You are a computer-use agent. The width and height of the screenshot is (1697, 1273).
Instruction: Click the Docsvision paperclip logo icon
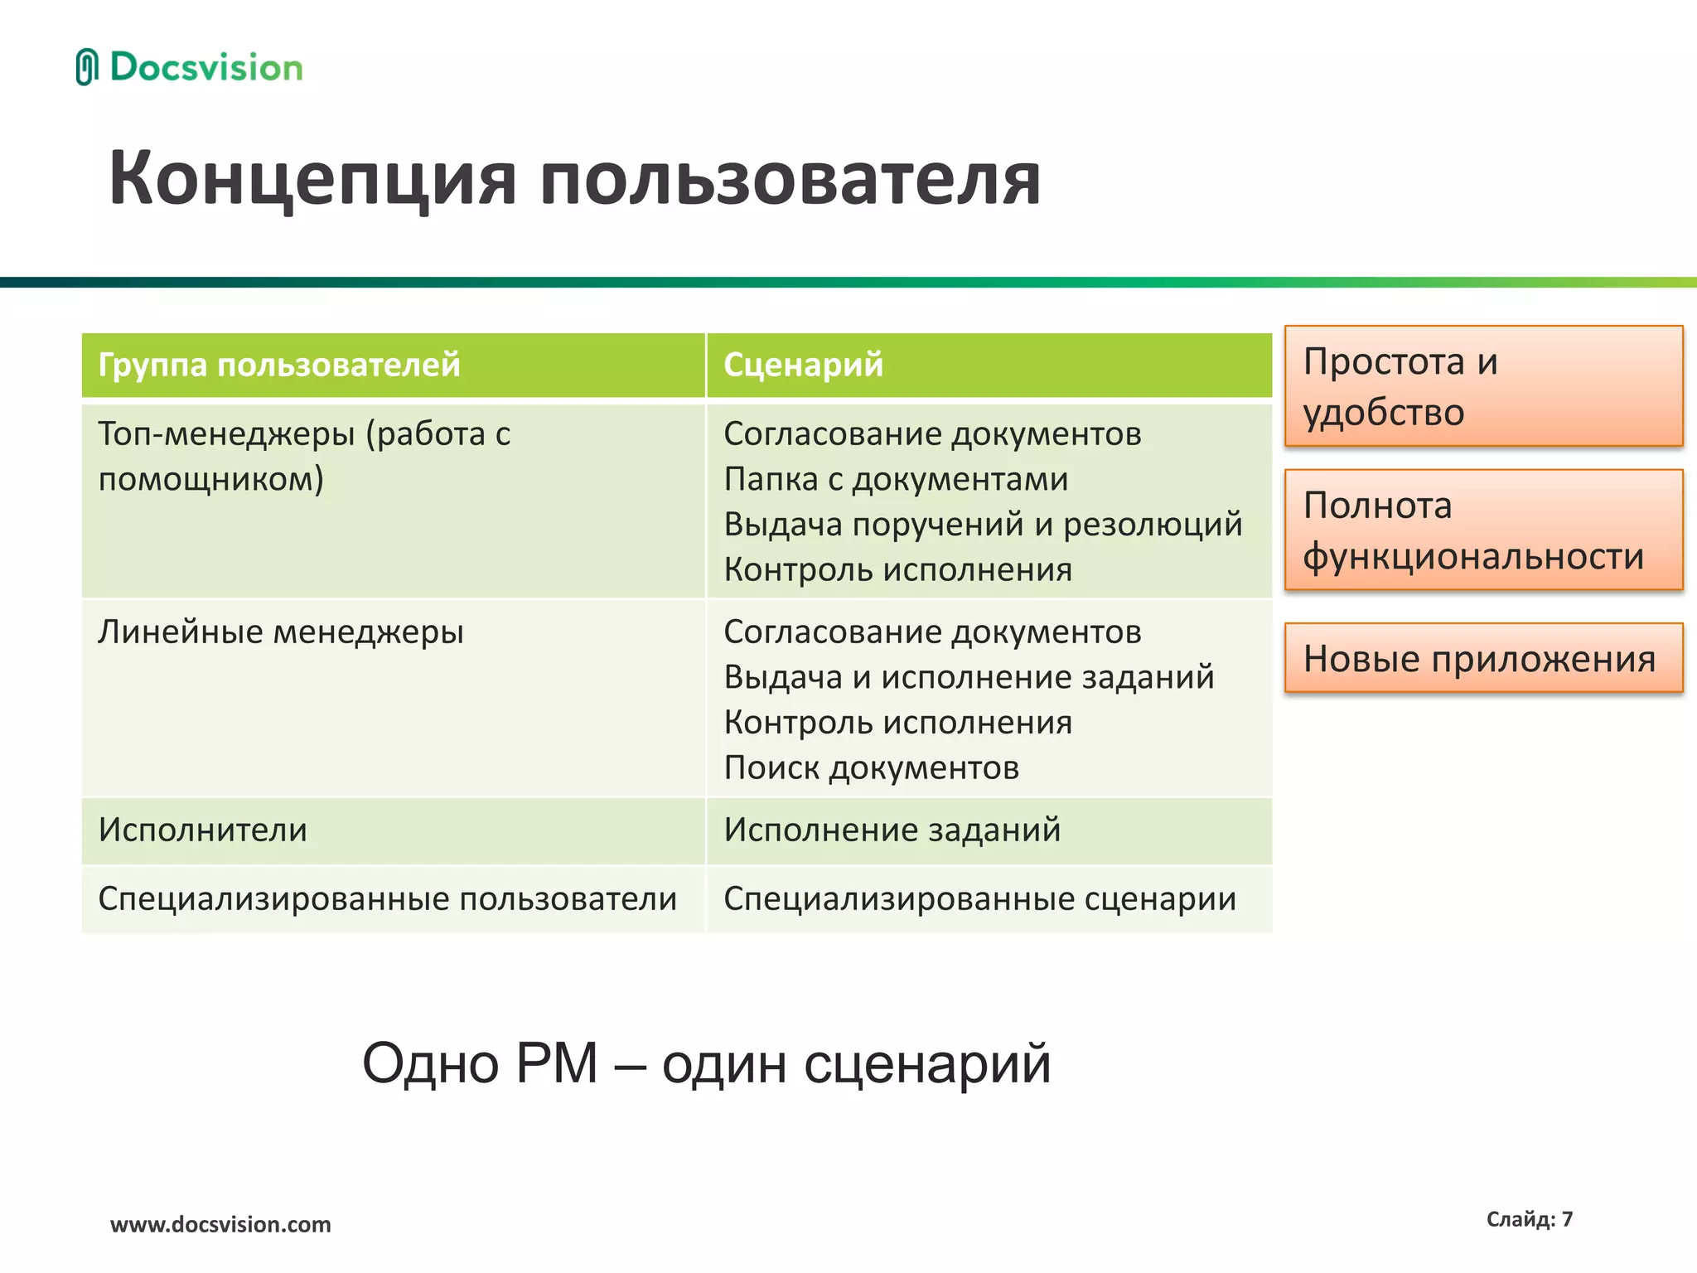tap(86, 67)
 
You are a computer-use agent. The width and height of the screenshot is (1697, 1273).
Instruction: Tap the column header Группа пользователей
tap(278, 365)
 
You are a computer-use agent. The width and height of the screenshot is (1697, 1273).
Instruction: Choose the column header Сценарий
tap(802, 365)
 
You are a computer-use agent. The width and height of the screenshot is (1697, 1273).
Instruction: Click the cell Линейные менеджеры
tap(280, 632)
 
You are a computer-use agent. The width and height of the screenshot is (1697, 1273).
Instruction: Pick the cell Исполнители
tap(202, 830)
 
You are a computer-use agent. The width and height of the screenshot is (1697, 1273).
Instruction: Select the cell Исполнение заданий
tap(892, 830)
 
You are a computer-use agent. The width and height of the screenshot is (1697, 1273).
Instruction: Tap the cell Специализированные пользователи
tap(387, 899)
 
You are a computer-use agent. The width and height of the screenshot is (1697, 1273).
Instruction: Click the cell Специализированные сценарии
tap(979, 899)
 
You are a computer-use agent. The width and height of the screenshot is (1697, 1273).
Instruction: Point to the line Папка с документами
tap(895, 479)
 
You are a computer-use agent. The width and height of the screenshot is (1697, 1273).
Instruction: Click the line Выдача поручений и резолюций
tap(982, 525)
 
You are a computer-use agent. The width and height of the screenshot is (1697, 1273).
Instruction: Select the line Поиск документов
tap(870, 767)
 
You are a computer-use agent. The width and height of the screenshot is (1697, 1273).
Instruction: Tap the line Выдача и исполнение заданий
tap(968, 677)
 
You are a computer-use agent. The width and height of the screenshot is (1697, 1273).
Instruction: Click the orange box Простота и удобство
tap(1483, 386)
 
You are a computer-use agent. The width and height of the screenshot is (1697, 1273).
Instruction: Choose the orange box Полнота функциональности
tap(1483, 530)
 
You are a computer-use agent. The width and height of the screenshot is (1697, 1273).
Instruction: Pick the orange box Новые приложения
tap(1483, 658)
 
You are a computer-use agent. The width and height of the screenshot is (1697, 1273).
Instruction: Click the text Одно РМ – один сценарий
tap(706, 1063)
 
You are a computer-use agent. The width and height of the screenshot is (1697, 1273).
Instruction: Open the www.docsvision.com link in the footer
tap(220, 1224)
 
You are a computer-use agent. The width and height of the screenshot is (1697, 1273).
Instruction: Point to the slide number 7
tap(1566, 1219)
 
